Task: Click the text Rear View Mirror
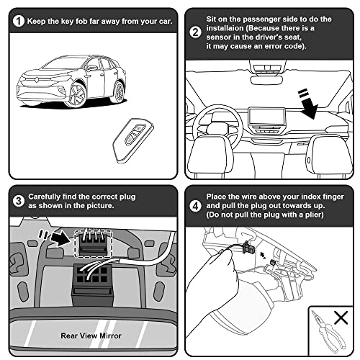tap(90, 335)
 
